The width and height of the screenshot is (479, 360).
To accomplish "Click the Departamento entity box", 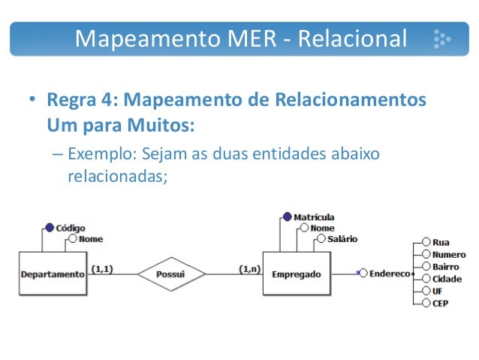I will point(53,274).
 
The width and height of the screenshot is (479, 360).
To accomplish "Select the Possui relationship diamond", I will point(170,275).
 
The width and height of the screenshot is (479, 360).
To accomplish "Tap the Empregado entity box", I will point(297,274).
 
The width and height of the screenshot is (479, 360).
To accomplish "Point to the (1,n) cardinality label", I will point(249,268).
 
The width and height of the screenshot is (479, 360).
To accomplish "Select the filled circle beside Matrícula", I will point(287,217).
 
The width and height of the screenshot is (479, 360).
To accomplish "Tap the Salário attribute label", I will point(342,239).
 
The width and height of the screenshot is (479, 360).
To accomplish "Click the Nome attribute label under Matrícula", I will point(322,228).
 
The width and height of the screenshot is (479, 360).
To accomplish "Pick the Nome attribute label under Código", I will point(90,239).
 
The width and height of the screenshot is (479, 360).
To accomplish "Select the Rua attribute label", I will point(441,243).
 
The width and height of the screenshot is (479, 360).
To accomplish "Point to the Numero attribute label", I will point(448,255).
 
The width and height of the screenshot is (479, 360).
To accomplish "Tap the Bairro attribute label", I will point(445,267).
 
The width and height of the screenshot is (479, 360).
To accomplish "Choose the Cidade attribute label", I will point(447,279).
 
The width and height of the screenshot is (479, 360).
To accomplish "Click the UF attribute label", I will point(438,291).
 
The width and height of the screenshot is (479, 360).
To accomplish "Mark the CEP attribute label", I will point(441,303).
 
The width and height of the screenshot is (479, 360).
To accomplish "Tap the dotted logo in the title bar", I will point(441,38).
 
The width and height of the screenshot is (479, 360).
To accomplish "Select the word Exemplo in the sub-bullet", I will point(98,155).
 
